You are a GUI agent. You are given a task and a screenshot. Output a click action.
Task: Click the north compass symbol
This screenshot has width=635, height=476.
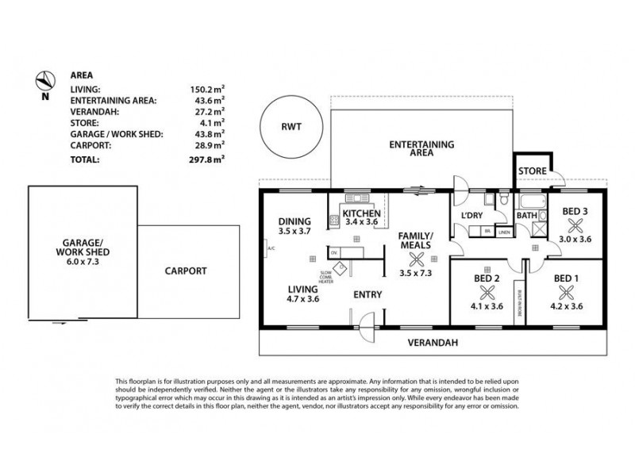click(45, 80)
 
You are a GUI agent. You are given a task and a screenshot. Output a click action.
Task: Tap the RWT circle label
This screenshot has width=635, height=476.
click(288, 125)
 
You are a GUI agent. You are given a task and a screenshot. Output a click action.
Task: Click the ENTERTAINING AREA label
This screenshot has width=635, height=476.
click(421, 149)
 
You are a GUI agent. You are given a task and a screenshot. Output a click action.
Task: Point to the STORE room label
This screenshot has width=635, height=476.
click(532, 171)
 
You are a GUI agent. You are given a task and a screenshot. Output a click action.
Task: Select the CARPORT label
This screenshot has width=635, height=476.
click(186, 271)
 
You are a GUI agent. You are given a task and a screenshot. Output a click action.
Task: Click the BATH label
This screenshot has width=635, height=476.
click(526, 215)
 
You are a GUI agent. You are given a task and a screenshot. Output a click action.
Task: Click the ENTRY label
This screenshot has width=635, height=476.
click(368, 294)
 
